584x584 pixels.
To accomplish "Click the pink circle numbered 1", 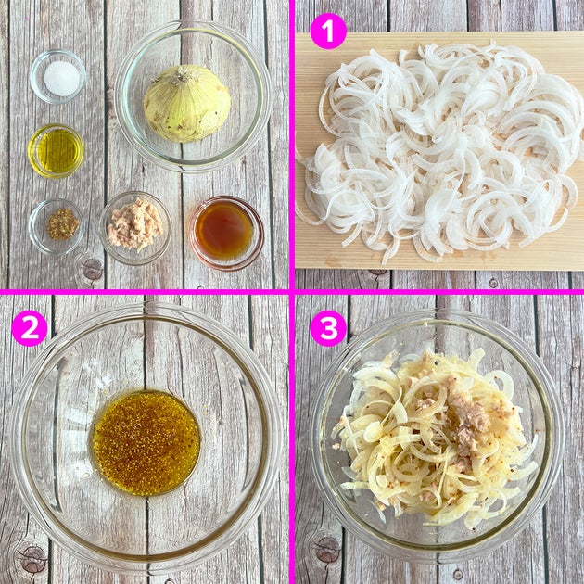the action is (328, 32).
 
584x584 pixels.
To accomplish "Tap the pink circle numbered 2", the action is (30, 328).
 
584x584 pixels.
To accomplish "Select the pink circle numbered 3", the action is (328, 328).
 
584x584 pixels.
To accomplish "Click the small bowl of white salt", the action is (57, 77).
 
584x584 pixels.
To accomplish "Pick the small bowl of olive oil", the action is (56, 151).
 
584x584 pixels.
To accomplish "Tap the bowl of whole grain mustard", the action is (57, 226).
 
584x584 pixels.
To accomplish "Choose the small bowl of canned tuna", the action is (135, 228).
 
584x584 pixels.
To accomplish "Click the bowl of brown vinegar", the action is (225, 234).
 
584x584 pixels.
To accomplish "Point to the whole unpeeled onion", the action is (187, 104).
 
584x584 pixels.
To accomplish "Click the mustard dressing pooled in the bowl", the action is (146, 443).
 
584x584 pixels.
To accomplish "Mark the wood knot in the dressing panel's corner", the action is (32, 559).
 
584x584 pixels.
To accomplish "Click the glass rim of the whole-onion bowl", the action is (193, 23).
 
